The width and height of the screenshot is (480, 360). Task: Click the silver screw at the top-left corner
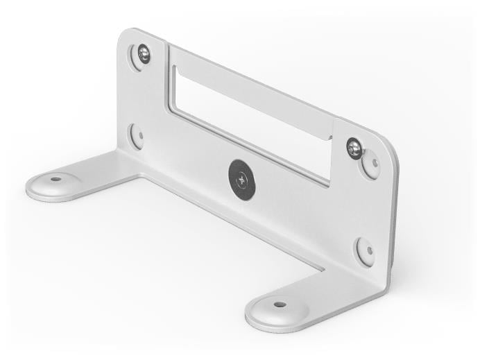click(144, 53)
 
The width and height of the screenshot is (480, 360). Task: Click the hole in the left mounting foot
click(55, 179)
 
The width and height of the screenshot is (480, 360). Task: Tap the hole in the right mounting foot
click(280, 305)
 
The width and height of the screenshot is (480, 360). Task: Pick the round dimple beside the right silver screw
click(371, 164)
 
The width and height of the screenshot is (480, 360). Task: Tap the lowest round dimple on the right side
click(366, 250)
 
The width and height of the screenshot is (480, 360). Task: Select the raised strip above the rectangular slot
click(250, 83)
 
